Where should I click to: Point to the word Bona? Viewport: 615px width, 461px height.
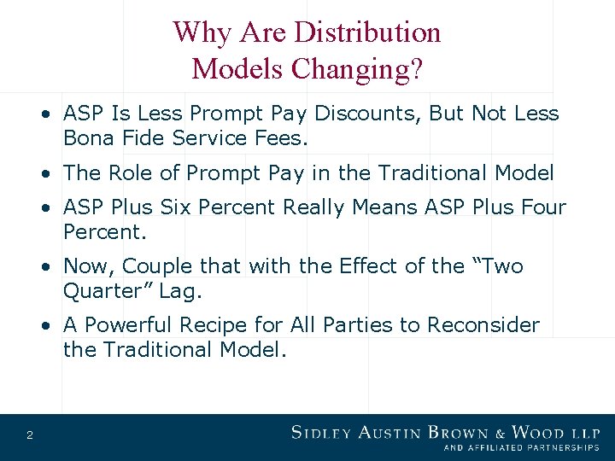89,137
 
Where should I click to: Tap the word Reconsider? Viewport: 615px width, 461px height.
483,325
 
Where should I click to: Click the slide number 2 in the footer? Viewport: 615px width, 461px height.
30,436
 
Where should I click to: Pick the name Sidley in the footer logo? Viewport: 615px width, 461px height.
319,433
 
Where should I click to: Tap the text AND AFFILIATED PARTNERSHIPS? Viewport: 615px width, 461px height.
521,447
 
